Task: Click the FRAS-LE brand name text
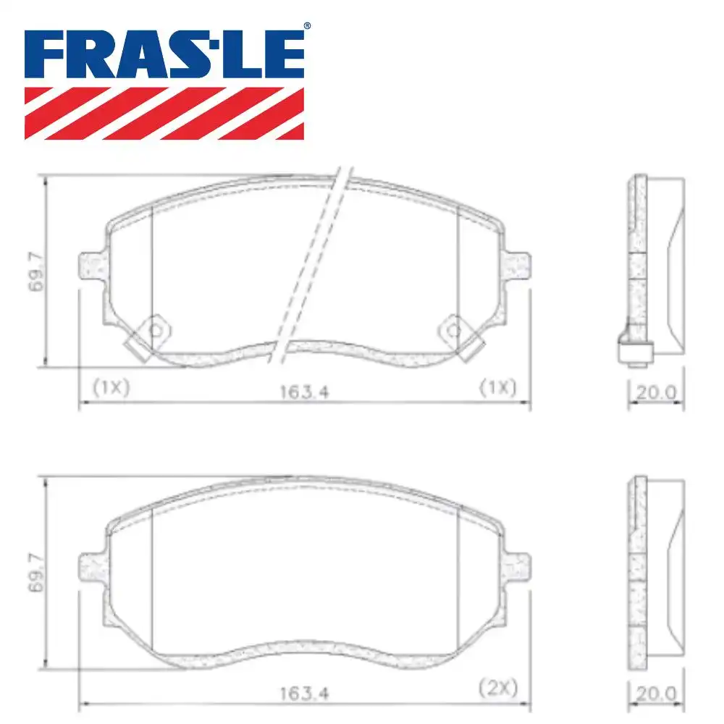pyautogui.click(x=164, y=54)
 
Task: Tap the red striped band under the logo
pyautogui.click(x=164, y=113)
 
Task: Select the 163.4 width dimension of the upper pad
pyautogui.click(x=303, y=392)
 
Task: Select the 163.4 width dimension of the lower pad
pyautogui.click(x=303, y=693)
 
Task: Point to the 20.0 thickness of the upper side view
pyautogui.click(x=656, y=392)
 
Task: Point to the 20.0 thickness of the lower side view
pyautogui.click(x=656, y=694)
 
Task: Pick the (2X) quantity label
pyautogui.click(x=498, y=687)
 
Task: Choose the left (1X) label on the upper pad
pyautogui.click(x=111, y=387)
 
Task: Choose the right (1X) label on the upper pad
pyautogui.click(x=498, y=387)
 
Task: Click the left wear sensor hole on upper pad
pyautogui.click(x=155, y=330)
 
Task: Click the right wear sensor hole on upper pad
pyautogui.click(x=453, y=330)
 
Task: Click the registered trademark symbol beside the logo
pyautogui.click(x=307, y=26)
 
